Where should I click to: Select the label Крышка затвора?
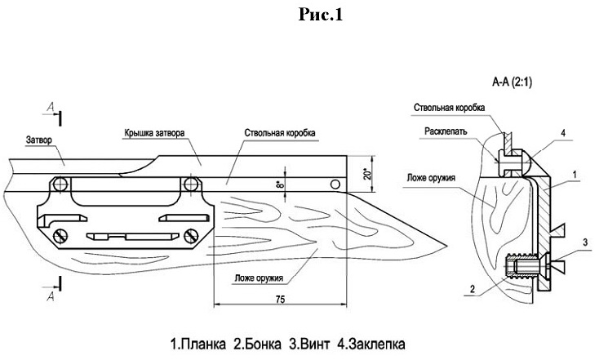[159, 131]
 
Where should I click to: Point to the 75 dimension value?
[279, 301]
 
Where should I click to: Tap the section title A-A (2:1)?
[512, 82]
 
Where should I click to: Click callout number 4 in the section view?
[562, 131]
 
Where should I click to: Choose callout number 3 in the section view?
[584, 244]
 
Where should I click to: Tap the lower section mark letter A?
[51, 298]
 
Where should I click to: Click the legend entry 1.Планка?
[196, 342]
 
